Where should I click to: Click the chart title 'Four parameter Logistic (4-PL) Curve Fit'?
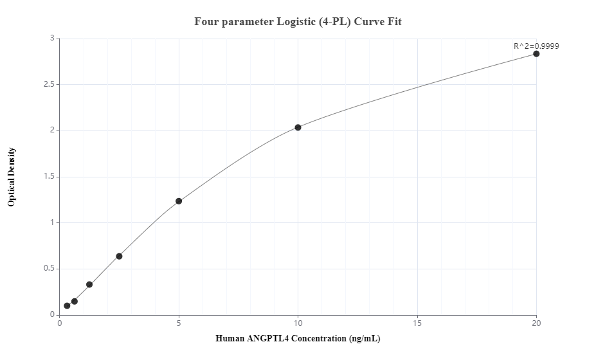click(298, 21)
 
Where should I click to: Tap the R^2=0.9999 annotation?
click(536, 46)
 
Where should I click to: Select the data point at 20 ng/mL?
click(536, 54)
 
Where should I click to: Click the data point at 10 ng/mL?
click(298, 127)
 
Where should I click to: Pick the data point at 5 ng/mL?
click(179, 201)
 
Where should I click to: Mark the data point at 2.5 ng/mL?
click(119, 256)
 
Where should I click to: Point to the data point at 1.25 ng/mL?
click(89, 285)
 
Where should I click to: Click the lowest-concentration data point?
click(67, 306)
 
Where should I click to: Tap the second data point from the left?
click(75, 301)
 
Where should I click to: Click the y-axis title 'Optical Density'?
click(12, 177)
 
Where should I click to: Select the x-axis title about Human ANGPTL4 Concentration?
click(298, 339)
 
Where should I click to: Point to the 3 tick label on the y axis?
click(52, 39)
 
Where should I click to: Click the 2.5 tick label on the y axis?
click(49, 85)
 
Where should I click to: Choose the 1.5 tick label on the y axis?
click(49, 177)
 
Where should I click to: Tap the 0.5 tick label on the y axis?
click(49, 269)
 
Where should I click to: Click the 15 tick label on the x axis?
click(417, 323)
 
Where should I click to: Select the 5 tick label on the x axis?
click(179, 323)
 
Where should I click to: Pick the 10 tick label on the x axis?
click(298, 323)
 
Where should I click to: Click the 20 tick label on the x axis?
click(536, 323)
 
